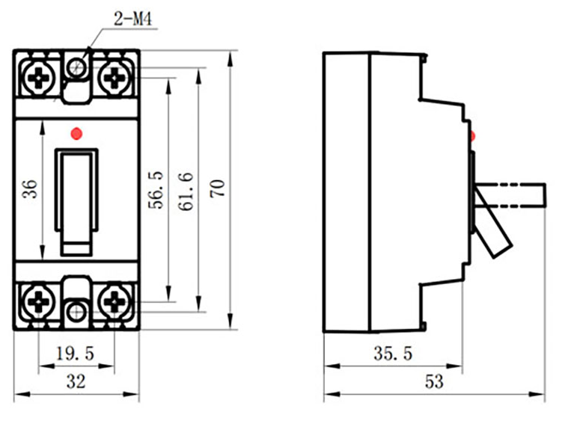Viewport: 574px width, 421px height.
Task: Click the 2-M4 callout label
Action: (133, 19)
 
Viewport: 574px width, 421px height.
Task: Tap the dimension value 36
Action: (30, 188)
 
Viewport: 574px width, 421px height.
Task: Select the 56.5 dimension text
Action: (156, 190)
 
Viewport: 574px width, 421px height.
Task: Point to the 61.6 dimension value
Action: (186, 191)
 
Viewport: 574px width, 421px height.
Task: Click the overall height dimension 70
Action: (218, 188)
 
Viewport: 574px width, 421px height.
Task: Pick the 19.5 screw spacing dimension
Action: (75, 354)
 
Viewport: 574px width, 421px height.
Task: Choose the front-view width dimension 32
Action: (76, 381)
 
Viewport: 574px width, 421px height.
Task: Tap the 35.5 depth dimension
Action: (393, 354)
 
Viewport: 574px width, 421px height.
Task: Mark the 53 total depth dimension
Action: (434, 381)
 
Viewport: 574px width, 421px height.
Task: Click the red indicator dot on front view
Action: (76, 134)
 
